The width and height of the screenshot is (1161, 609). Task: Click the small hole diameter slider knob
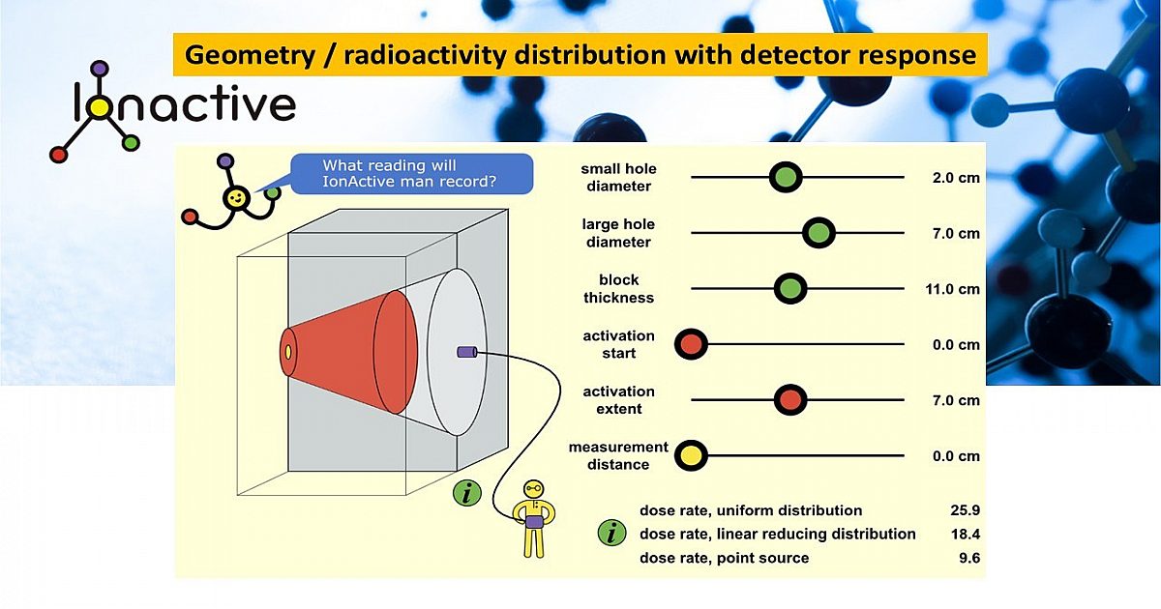pyautogui.click(x=786, y=178)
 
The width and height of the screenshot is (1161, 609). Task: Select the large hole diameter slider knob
pyautogui.click(x=819, y=233)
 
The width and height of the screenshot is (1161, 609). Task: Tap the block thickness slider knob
pyautogui.click(x=790, y=288)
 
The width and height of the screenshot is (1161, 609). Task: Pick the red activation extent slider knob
pyautogui.click(x=790, y=399)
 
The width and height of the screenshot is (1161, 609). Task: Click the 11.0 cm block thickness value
pyautogui.click(x=955, y=289)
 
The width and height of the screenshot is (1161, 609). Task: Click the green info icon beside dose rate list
pyautogui.click(x=611, y=533)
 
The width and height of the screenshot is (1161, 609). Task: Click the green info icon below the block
pyautogui.click(x=467, y=493)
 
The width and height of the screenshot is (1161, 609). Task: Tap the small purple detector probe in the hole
pyautogui.click(x=467, y=353)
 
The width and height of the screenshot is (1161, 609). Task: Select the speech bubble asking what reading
pyautogui.click(x=416, y=173)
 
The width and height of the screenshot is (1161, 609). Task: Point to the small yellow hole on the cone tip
pyautogui.click(x=288, y=350)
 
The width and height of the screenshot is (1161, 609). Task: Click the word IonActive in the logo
pyautogui.click(x=184, y=104)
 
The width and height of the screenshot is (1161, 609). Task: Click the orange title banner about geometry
pyautogui.click(x=580, y=55)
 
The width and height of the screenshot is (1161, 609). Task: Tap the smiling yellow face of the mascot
pyautogui.click(x=236, y=198)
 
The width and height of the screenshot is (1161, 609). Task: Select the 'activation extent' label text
pyautogui.click(x=618, y=399)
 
